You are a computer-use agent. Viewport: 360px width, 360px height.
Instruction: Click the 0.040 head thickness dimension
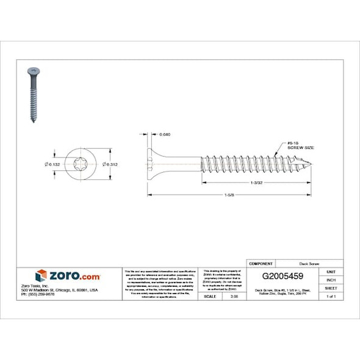coord(165,134)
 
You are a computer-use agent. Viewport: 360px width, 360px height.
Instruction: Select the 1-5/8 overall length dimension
coord(229,195)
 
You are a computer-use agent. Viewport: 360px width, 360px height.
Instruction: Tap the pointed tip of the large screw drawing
coord(314,164)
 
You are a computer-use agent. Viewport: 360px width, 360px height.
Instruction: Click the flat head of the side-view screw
coord(149,164)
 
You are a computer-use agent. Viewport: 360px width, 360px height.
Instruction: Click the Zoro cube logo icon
coord(41,275)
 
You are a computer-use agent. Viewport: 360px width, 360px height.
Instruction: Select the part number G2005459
coord(283,276)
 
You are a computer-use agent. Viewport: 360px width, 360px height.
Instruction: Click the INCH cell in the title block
coord(331,279)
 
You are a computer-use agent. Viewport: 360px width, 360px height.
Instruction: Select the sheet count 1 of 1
coord(331,296)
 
